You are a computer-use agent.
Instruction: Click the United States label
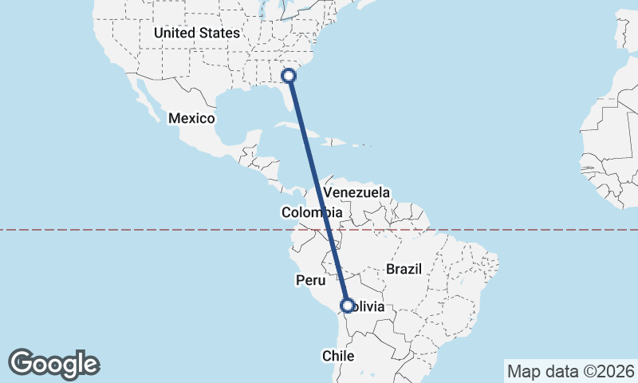pos(196,33)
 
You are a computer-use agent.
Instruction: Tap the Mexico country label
pos(191,118)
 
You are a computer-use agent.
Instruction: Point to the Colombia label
pos(312,213)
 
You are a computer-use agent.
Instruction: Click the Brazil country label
pos(403,269)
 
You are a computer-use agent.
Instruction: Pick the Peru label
pos(311,280)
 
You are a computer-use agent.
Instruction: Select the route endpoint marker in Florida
pos(289,76)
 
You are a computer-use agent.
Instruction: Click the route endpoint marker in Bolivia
pos(348,305)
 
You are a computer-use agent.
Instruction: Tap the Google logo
pos(54,364)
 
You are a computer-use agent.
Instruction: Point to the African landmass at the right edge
pos(614,152)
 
